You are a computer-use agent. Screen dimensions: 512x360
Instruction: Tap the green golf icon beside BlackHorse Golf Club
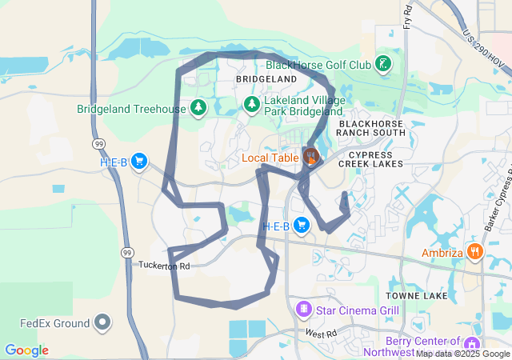coord(384,63)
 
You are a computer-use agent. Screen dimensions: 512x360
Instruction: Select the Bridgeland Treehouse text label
coord(131,108)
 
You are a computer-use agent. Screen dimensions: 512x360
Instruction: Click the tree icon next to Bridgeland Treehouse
coord(198,107)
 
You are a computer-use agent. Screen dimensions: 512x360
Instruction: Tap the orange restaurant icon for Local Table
coord(310,156)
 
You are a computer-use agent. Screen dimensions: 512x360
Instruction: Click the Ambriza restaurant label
coord(442,253)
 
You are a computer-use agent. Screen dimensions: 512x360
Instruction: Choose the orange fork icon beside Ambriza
coord(475,252)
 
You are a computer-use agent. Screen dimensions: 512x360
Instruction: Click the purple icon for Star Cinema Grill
coord(303,308)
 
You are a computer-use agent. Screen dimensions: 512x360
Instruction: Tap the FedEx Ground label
coord(54,324)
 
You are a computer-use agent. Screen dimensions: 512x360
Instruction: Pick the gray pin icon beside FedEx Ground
coord(102,323)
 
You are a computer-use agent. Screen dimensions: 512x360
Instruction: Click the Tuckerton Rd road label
coord(164,266)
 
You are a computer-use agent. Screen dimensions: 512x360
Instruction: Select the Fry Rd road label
coord(407,16)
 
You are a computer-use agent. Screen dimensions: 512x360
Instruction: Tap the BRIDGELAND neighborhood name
coord(266,81)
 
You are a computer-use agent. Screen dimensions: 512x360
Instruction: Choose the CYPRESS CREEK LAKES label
coord(370,158)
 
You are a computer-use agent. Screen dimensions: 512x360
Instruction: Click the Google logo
coord(26,350)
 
